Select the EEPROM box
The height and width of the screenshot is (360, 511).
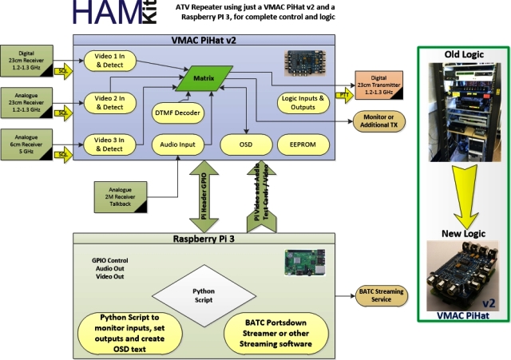pos(302,144)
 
